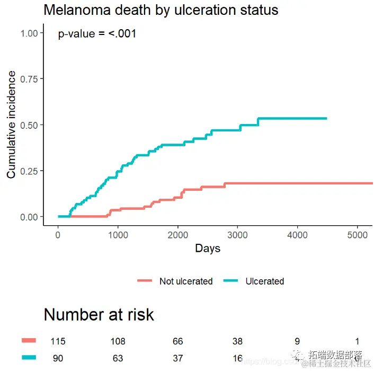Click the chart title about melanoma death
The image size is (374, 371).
click(161, 10)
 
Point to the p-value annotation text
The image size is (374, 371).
click(97, 34)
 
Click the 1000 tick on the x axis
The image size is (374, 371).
click(118, 235)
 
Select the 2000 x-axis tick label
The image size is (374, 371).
click(177, 235)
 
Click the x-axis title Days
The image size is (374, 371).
click(208, 249)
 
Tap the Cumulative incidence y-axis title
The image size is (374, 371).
click(11, 125)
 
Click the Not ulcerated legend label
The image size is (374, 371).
click(186, 281)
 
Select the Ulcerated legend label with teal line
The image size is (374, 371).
click(265, 281)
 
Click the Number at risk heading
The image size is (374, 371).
click(99, 315)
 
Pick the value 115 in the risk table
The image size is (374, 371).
click(58, 341)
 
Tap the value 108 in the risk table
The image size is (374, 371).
click(118, 341)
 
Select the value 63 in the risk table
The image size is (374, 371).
click(118, 359)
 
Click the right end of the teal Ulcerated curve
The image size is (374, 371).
click(326, 118)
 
